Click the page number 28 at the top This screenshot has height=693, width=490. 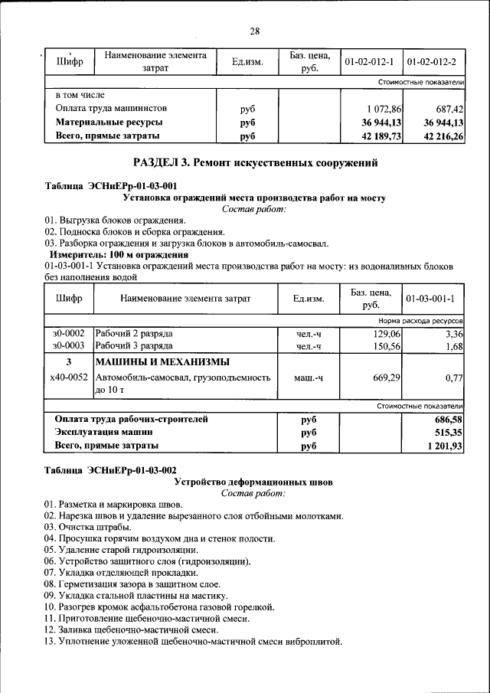click(255, 31)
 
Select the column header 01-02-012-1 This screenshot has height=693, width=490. click(369, 61)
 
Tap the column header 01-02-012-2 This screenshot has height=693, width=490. click(432, 61)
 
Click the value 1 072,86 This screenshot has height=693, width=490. click(383, 109)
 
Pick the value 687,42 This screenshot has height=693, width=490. click(447, 109)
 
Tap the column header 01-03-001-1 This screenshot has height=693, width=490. click(431, 299)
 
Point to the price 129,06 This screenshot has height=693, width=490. click(387, 334)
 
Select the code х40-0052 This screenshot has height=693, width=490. click(69, 377)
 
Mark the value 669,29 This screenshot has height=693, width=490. click(387, 377)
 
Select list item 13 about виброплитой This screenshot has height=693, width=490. click(193, 641)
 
